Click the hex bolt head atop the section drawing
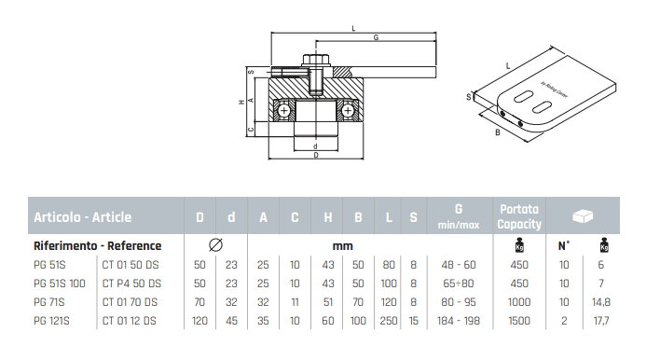(316, 60)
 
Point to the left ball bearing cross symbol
(284, 111)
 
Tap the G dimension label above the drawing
(376, 37)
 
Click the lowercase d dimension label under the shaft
(315, 146)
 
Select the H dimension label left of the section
(241, 102)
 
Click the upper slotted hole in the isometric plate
(523, 96)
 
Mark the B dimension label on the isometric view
(498, 132)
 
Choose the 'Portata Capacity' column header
(519, 216)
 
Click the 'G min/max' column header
(459, 216)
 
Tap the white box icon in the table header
(583, 216)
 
